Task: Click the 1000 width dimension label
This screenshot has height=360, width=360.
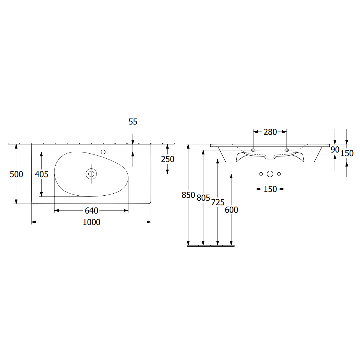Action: coord(91,222)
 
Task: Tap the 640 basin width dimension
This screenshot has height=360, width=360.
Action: coord(91,211)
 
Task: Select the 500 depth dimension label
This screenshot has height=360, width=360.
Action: coord(16,174)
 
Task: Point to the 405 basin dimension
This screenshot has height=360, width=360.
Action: coord(42,174)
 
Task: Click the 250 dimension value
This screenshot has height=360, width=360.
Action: coord(168,159)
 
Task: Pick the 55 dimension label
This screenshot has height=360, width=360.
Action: coord(133,122)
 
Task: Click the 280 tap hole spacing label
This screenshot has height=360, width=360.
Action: coord(270,132)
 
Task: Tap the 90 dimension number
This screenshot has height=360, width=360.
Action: coord(335,150)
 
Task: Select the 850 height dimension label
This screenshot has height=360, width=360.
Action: coord(188,195)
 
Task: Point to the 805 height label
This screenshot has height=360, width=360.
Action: coord(203,198)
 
